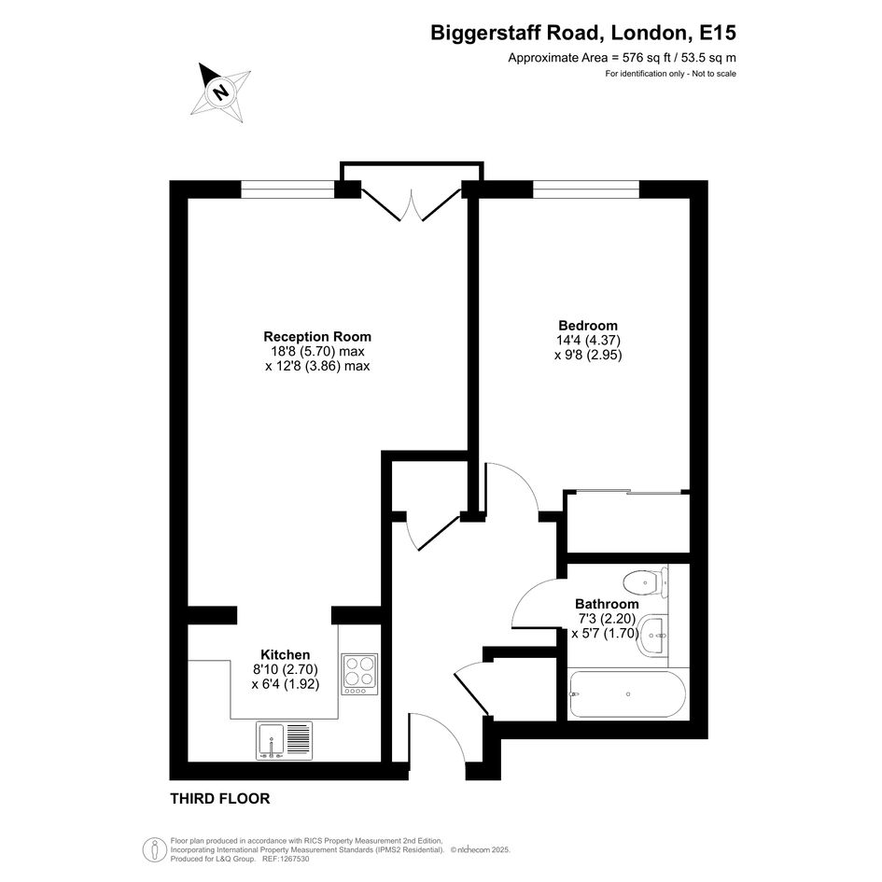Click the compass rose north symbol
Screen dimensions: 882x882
pos(220,92)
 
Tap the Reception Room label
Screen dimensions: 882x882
pos(317,336)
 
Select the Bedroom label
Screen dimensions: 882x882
pos(588,325)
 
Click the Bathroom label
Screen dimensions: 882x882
pos(607,604)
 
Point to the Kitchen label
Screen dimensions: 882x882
pos(286,655)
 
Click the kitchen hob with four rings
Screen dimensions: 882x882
pos(359,675)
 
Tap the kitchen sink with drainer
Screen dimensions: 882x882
pos(284,740)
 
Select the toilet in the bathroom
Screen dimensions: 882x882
pos(646,581)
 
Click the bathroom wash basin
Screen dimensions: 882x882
pos(652,636)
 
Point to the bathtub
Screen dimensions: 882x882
pos(626,693)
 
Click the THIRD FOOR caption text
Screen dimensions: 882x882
pos(220,798)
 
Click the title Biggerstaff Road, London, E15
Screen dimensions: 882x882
pos(583,33)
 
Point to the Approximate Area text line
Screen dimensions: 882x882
pos(623,57)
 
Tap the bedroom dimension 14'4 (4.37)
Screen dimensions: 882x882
pos(588,341)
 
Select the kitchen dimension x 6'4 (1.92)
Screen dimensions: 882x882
pos(286,684)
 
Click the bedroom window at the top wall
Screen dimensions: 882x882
pos(586,189)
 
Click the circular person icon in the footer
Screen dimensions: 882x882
pos(155,849)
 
